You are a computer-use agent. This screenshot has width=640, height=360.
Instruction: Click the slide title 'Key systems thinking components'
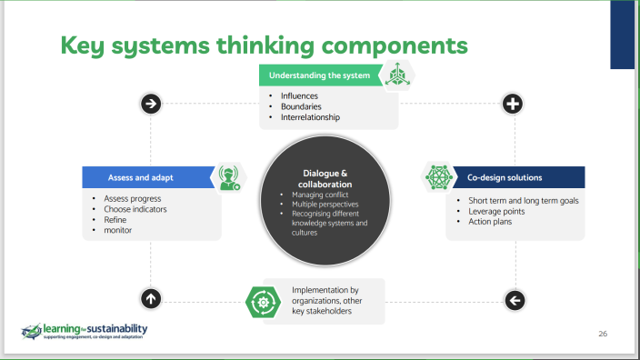click(265, 45)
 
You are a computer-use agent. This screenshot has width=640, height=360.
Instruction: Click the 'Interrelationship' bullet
click(310, 116)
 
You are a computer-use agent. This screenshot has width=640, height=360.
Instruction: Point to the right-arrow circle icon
click(151, 104)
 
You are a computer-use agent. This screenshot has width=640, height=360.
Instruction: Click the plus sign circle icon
click(513, 104)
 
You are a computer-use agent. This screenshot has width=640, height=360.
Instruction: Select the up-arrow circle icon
click(151, 297)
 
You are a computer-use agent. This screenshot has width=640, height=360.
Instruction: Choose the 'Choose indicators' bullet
click(135, 209)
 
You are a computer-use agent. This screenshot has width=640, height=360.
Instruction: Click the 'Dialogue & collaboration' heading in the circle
click(325, 179)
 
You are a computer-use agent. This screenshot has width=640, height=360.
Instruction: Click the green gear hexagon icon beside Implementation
click(260, 300)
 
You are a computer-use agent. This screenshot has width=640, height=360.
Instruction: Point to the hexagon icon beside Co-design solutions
click(441, 177)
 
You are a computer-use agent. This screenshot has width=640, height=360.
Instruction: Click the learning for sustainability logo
click(85, 332)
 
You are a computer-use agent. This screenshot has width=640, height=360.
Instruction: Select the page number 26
click(602, 334)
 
